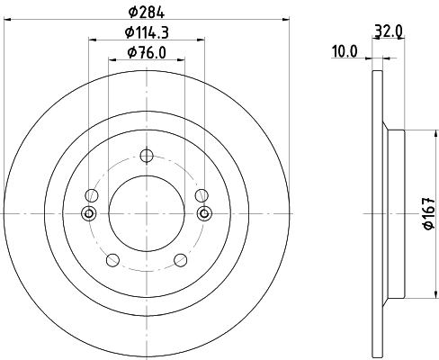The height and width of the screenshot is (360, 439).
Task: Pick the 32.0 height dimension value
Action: [388, 30]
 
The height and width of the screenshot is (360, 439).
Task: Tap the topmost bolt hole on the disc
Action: [147, 155]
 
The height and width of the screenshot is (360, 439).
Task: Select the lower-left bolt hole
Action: [112, 260]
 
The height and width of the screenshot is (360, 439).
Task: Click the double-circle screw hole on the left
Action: [89, 213]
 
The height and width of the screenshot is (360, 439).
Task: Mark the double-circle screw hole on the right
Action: [204, 213]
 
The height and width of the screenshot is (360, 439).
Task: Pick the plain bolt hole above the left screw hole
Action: [91, 194]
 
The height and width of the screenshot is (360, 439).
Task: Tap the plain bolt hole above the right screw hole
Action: [202, 194]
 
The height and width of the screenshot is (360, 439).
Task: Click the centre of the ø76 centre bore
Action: [147, 213]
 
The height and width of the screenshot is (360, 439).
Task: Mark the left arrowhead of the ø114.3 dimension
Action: [94, 39]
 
